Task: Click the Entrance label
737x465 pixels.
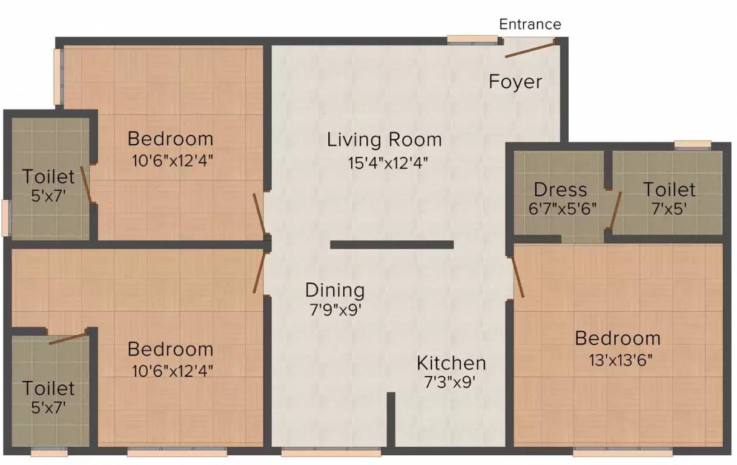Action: click(530, 24)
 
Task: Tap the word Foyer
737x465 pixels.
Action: click(515, 82)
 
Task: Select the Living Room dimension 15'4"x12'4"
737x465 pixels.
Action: click(388, 163)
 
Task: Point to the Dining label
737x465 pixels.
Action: click(335, 291)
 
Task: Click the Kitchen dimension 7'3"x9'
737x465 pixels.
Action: click(450, 382)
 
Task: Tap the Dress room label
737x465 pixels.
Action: click(560, 190)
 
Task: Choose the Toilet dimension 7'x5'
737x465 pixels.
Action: click(669, 208)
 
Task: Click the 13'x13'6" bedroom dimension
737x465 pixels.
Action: click(620, 360)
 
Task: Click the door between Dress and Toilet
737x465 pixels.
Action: click(616, 210)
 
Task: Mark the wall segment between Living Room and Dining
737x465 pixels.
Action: click(392, 245)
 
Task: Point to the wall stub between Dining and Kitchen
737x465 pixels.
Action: click(391, 420)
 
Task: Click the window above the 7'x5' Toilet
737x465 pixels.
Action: click(693, 145)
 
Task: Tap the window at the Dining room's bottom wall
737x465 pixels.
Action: click(331, 452)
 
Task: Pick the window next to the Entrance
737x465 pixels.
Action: click(472, 39)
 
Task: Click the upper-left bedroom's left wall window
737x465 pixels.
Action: click(59, 76)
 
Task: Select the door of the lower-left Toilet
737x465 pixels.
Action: click(68, 339)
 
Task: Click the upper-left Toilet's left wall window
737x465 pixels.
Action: click(7, 218)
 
